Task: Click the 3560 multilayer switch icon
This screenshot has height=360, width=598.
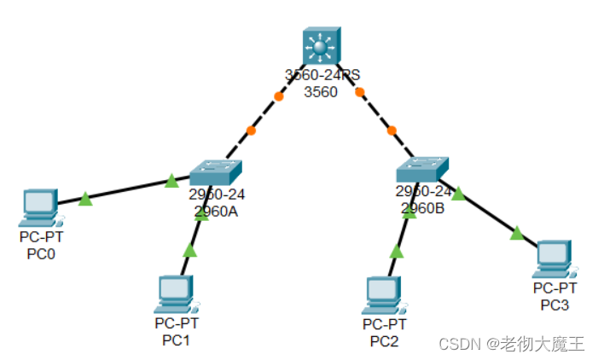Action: [x=320, y=47]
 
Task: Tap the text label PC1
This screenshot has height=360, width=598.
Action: [x=176, y=340]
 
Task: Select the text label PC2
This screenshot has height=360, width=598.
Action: [x=384, y=341]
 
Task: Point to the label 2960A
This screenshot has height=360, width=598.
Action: [x=216, y=212]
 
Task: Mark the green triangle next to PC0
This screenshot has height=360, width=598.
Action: [x=85, y=200]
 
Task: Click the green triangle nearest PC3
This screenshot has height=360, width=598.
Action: [x=517, y=232]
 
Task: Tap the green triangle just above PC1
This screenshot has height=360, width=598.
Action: [x=189, y=250]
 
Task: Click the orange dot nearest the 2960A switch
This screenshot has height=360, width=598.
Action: [x=250, y=131]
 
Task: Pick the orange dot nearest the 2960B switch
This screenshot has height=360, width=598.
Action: [x=392, y=131]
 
